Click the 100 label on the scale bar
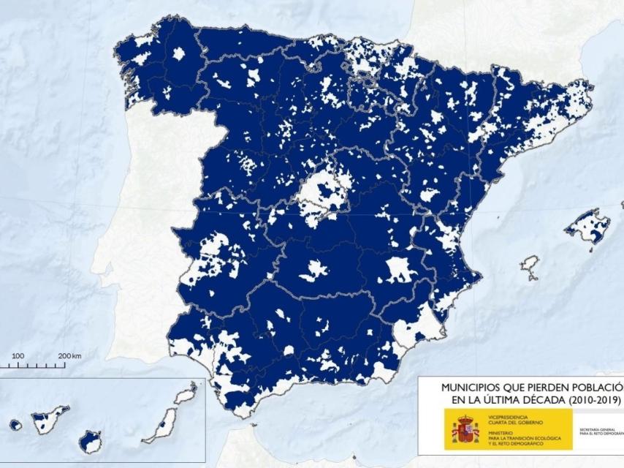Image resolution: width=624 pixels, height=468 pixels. [18, 355]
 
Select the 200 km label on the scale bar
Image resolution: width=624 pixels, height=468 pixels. [70, 355]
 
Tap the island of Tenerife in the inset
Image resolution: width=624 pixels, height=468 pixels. [49, 420]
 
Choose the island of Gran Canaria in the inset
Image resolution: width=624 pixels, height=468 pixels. [91, 441]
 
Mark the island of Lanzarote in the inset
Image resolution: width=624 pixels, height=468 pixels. [186, 394]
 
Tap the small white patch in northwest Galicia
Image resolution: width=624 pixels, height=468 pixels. [178, 53]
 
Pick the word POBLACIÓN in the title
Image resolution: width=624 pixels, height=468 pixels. [591, 386]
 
